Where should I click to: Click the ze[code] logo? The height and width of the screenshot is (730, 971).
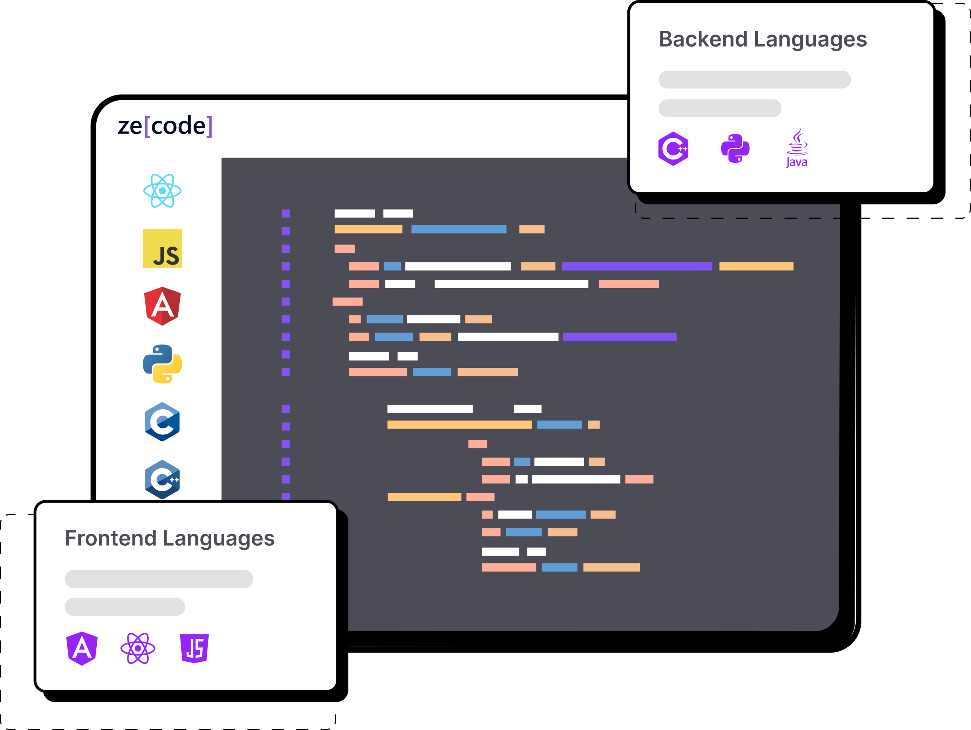pos(165,126)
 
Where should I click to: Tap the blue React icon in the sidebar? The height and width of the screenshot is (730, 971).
pos(162,191)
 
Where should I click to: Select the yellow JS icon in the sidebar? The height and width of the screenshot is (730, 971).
pos(162,249)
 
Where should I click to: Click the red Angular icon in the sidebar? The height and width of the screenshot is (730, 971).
pos(162,306)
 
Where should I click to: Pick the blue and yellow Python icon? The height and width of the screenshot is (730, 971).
pos(162,364)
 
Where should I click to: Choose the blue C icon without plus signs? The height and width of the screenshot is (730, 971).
pos(162,422)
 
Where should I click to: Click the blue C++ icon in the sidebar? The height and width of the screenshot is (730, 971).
pos(162,479)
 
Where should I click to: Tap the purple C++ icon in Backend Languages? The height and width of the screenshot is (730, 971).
pos(673,148)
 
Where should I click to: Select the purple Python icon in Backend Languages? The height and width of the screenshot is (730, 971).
pos(735,148)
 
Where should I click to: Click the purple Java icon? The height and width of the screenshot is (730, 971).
pos(797,148)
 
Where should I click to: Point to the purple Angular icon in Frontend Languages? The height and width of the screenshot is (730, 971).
pos(82,648)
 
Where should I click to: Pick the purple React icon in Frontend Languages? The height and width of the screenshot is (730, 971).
pos(138,648)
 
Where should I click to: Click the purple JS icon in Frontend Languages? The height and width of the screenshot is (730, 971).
pos(195,648)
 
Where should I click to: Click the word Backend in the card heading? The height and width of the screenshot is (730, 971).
pos(703,39)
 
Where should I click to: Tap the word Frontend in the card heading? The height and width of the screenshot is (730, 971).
pos(111,539)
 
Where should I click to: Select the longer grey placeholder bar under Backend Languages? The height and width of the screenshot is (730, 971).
pos(754,79)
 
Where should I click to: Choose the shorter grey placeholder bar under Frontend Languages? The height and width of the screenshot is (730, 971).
pos(125,607)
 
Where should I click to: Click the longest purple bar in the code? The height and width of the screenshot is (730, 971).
pos(637,266)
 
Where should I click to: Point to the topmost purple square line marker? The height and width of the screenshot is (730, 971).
pos(286,213)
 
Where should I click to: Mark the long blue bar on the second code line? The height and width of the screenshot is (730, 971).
pos(459,229)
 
